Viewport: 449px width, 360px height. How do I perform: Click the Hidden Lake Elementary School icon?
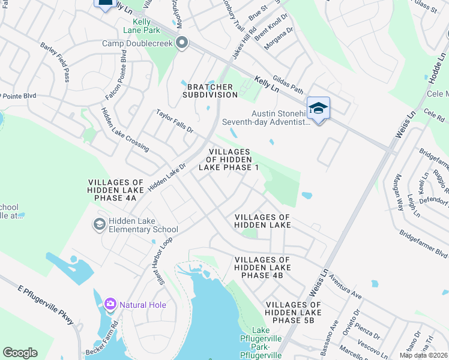tap(99, 224)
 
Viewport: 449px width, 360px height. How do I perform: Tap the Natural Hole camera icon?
tap(110, 304)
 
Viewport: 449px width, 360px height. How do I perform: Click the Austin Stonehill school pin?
tap(318, 109)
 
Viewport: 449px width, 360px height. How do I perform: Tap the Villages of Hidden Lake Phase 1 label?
tap(233, 160)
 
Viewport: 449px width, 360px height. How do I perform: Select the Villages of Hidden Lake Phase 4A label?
tap(116, 190)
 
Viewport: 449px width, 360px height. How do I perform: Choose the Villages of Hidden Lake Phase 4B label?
tap(262, 267)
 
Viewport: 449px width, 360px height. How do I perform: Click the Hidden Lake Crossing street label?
tap(124, 129)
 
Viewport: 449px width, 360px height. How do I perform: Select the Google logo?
tap(20, 353)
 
